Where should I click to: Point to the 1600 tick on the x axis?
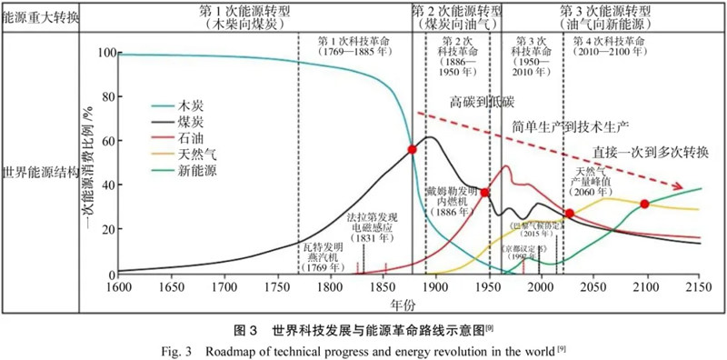[x=117, y=287]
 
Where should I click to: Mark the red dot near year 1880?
[x=413, y=149]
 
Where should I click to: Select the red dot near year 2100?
[x=645, y=204]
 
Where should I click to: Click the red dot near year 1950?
[x=485, y=193]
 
